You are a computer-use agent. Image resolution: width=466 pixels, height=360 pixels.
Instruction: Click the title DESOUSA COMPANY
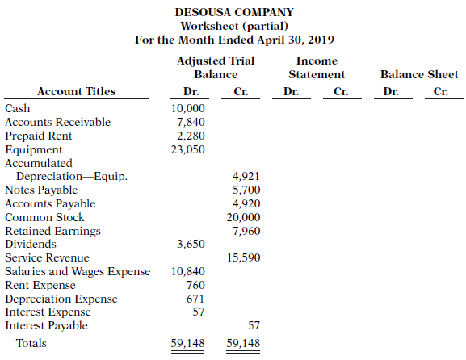coord(233,12)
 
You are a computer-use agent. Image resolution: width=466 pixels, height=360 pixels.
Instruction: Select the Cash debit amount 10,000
coord(189,108)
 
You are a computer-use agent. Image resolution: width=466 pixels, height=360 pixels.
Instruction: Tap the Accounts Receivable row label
coord(57,122)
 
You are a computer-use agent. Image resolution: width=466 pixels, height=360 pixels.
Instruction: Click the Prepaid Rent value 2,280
coord(191,136)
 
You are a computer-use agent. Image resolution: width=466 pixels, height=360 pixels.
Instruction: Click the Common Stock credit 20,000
coord(244,217)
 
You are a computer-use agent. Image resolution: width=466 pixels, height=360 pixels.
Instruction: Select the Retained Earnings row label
coord(52,231)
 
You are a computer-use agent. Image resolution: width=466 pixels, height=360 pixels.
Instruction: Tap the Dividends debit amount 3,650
coord(191,244)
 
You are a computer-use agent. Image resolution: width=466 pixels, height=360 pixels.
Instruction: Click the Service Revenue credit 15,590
coord(244,257)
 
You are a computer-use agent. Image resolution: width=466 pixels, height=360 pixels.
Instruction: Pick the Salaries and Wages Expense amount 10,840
coord(189,271)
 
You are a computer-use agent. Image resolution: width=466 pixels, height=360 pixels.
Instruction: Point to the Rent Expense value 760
coord(195,285)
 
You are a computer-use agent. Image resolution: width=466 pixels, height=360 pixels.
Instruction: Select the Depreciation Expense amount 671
coord(195,299)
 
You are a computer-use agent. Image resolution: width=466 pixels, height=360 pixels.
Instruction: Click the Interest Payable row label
coord(46,325)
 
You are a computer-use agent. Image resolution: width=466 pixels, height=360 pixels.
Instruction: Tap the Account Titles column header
coord(76,91)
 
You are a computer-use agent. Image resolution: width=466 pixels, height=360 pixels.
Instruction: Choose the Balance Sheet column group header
coord(419,75)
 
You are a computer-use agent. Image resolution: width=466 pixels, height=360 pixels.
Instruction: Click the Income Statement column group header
coord(317,68)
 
